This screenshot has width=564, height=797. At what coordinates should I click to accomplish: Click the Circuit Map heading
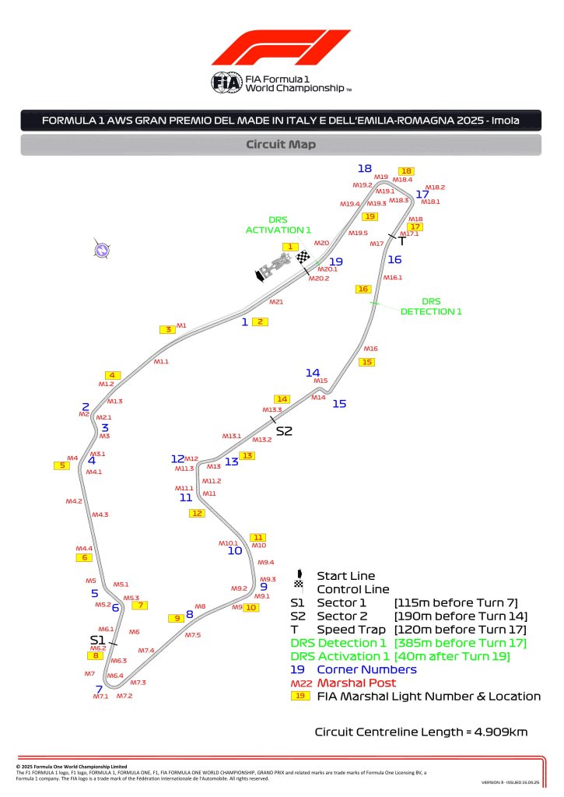click(x=280, y=144)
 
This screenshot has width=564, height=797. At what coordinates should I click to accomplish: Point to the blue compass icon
click(x=100, y=250)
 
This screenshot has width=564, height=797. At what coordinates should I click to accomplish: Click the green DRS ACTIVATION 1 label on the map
click(x=278, y=225)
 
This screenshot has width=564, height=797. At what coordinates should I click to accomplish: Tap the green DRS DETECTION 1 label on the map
click(x=431, y=306)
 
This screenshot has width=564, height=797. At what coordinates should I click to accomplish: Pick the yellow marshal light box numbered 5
click(x=60, y=465)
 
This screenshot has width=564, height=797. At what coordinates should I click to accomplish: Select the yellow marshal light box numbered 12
click(x=197, y=513)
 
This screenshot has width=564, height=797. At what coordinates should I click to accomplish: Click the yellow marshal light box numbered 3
click(x=166, y=329)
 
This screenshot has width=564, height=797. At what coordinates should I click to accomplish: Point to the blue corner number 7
click(x=99, y=689)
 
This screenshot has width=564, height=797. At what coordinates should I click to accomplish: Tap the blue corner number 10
click(x=235, y=551)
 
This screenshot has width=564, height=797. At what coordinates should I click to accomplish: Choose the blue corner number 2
click(x=86, y=406)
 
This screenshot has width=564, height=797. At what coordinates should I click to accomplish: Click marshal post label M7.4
click(x=146, y=650)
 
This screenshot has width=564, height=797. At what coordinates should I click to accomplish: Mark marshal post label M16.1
click(x=393, y=277)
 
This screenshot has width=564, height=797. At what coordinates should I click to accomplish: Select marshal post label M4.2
click(x=74, y=501)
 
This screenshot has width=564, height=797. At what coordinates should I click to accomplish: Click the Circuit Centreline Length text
click(x=421, y=732)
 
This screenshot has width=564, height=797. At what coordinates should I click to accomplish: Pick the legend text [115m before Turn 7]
click(x=456, y=602)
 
